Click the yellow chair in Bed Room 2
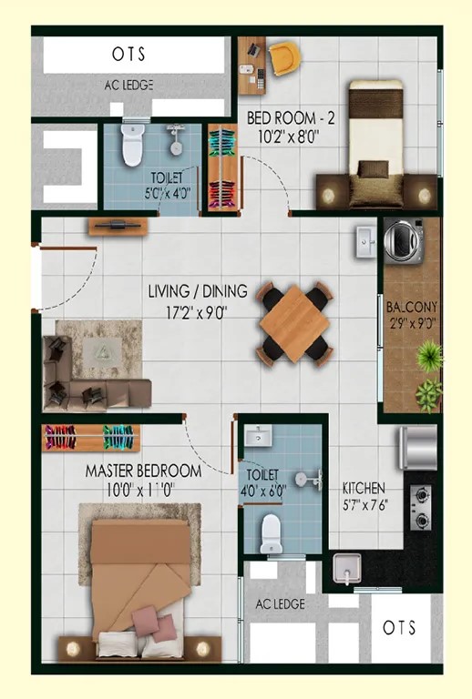pyautogui.click(x=284, y=58)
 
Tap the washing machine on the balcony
pyautogui.click(x=404, y=240)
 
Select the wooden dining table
pyautogui.click(x=294, y=324)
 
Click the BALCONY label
pyautogui.click(x=412, y=307)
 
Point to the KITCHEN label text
pyautogui.click(x=364, y=488)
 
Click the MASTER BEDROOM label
pyautogui.click(x=143, y=471)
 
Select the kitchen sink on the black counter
pyautogui.click(x=347, y=568)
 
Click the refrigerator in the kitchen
pyautogui.click(x=418, y=448)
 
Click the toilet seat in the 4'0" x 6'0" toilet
pyautogui.click(x=271, y=533)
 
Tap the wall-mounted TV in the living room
pyautogui.click(x=118, y=226)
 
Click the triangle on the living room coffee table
pyautogui.click(x=102, y=353)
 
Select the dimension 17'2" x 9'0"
pyautogui.click(x=197, y=312)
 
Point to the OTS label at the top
pyautogui.click(x=128, y=55)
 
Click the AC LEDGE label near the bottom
pyautogui.click(x=280, y=604)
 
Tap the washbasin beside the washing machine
pyautogui.click(x=366, y=241)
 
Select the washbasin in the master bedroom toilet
pyautogui.click(x=258, y=436)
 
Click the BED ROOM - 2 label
pyautogui.click(x=291, y=118)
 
